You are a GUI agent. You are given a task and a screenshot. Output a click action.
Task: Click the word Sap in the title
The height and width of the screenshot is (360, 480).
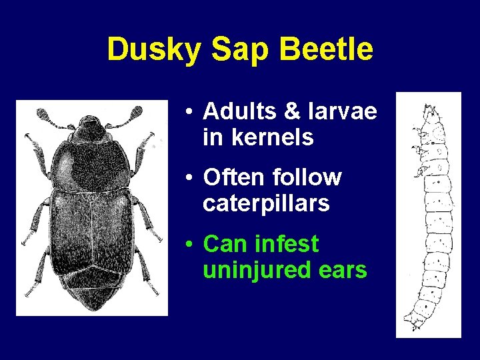tap(230, 49)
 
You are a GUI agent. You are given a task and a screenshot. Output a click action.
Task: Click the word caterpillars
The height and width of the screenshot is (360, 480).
tap(266, 203)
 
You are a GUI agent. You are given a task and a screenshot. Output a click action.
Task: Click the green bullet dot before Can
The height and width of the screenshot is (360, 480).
tap(191, 245)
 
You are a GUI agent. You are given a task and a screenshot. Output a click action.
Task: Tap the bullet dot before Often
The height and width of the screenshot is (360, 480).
tap(191, 179)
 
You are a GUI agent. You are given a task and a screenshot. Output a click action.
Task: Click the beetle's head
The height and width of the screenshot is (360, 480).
tap(90, 127)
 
